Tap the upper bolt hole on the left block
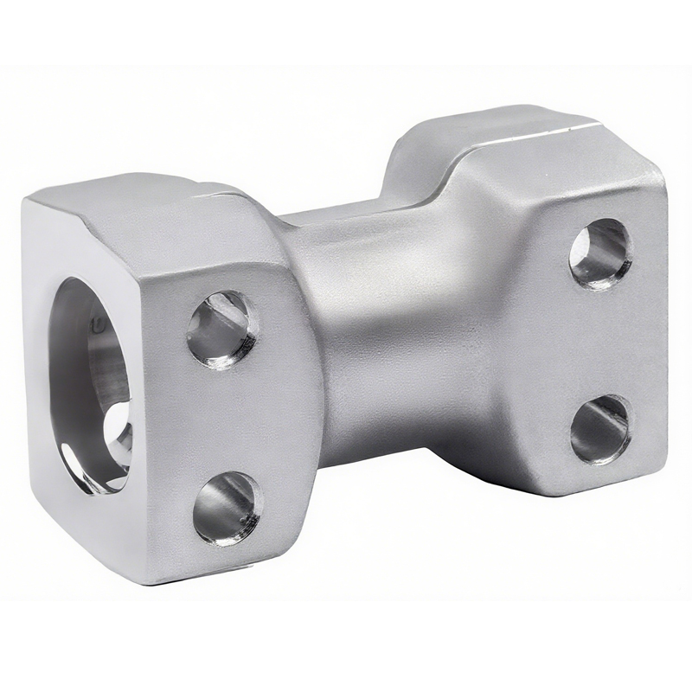point(222,329)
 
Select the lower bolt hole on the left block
point(227,508)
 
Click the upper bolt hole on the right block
point(600,253)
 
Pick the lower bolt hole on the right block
point(600,429)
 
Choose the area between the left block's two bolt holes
point(225,420)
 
